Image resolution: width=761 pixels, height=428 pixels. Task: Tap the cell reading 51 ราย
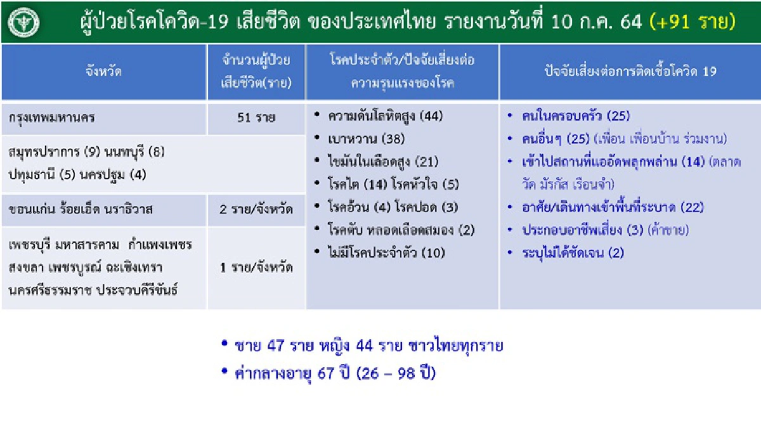[256, 118]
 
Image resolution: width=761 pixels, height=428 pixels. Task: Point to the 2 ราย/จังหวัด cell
[256, 209]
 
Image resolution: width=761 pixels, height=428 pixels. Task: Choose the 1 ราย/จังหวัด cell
[256, 267]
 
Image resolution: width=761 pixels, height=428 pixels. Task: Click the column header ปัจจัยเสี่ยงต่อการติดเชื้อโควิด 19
[630, 72]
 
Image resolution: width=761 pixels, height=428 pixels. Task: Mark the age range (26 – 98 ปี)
[396, 373]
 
